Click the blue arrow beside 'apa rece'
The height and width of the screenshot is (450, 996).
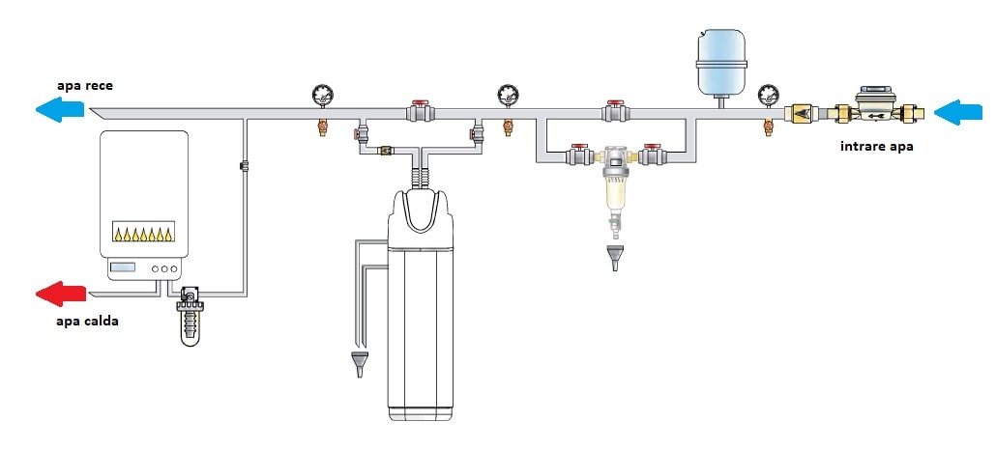pos(60,110)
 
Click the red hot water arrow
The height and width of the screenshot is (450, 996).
pos(60,294)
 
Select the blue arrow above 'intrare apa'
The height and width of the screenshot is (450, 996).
pos(958,112)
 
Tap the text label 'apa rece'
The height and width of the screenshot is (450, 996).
pos(84,86)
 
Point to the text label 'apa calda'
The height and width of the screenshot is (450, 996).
pos(87,322)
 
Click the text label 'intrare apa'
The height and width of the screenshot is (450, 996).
pos(877,147)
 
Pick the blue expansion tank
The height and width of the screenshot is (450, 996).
pos(721,64)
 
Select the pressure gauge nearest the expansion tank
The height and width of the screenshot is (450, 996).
pos(768,96)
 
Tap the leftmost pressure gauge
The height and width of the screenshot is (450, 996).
pos(323,96)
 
